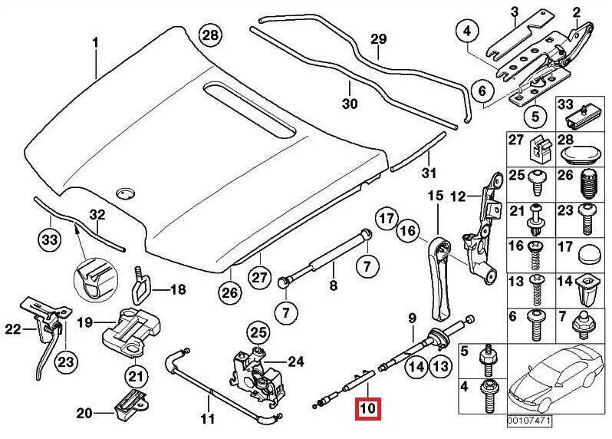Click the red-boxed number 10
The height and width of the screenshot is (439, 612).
coord(367,408)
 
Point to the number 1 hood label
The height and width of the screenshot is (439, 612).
coord(96,43)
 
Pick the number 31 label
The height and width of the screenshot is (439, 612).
coord(429,173)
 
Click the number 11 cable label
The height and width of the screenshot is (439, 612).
coord(208,419)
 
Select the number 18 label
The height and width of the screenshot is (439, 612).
coord(177,289)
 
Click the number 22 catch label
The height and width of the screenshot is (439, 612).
coord(11,330)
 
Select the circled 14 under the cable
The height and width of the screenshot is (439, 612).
coord(415,367)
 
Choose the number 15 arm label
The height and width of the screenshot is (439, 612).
coord(435,196)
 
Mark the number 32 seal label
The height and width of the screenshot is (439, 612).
coord(97,214)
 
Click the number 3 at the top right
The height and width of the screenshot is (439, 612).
coord(515,10)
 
